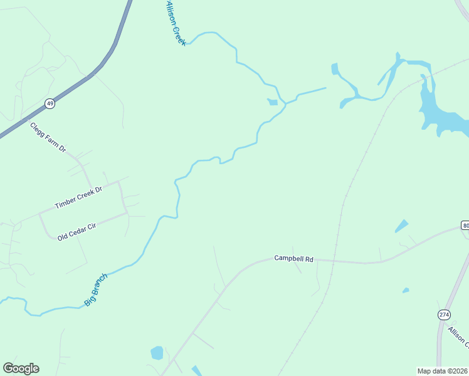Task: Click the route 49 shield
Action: click(50, 103)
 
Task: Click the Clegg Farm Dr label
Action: click(48, 137)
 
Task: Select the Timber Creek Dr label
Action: click(78, 197)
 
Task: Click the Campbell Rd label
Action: click(293, 258)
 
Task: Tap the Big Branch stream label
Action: click(96, 289)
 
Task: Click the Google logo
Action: click(21, 368)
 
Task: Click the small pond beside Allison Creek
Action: click(273, 102)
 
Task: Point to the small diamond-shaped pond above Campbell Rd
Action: click(401, 226)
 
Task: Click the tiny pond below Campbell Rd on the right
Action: click(406, 290)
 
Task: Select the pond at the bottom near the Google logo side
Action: click(157, 353)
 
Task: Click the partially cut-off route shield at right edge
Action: click(465, 225)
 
